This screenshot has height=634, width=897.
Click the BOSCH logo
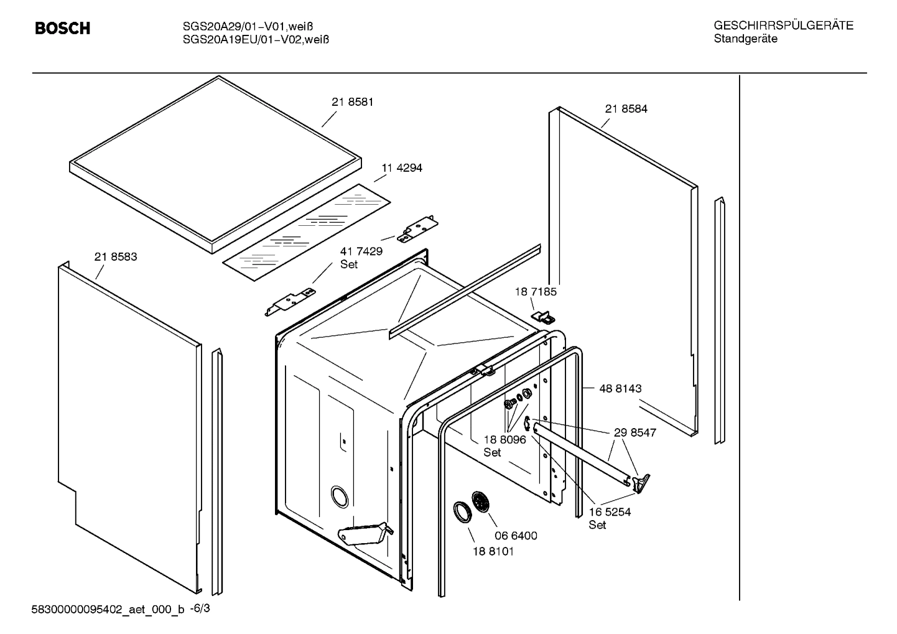pyautogui.click(x=62, y=29)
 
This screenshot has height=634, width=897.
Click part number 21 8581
pyautogui.click(x=352, y=102)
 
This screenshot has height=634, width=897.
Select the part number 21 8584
pyautogui.click(x=626, y=109)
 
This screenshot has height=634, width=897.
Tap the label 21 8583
pyautogui.click(x=116, y=256)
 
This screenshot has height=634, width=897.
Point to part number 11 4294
pyautogui.click(x=402, y=168)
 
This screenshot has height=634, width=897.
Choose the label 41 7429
pyautogui.click(x=361, y=251)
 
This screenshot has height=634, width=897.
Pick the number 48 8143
pyautogui.click(x=620, y=388)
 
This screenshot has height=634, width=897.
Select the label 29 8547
pyautogui.click(x=634, y=432)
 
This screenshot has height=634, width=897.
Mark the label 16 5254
pyautogui.click(x=610, y=512)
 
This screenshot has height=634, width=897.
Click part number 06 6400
pyautogui.click(x=516, y=536)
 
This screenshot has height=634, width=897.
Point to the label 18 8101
pyautogui.click(x=493, y=551)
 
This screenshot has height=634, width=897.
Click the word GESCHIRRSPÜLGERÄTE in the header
pyautogui.click(x=783, y=26)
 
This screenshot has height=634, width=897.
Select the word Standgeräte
pyautogui.click(x=745, y=39)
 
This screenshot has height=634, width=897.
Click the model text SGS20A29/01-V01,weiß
pyautogui.click(x=246, y=26)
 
